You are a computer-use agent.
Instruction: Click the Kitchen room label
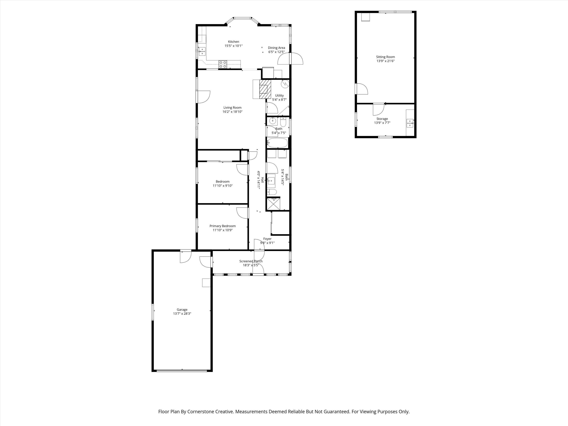233,42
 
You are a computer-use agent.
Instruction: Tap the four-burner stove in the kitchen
43,64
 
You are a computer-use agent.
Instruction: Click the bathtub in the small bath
277,143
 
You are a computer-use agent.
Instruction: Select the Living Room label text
232,108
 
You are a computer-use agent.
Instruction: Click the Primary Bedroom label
222,226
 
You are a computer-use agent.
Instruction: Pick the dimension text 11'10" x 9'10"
222,186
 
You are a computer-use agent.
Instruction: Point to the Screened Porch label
251,261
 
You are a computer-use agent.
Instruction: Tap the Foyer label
267,239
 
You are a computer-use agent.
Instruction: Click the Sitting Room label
386,57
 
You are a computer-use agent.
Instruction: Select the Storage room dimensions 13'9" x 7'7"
382,123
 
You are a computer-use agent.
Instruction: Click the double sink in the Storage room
410,123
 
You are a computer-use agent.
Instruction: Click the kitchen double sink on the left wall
202,52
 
